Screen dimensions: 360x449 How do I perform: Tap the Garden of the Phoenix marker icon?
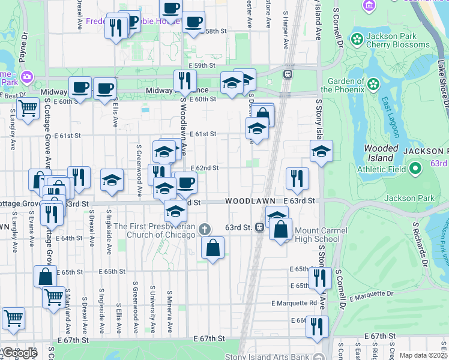(373, 83)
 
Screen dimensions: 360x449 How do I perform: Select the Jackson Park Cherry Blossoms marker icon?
(357, 40)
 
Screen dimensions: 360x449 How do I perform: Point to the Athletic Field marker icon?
(414, 169)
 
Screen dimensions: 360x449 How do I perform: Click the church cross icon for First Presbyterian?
(205, 229)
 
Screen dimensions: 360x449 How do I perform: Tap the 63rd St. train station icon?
(260, 227)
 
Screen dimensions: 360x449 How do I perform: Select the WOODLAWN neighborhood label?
(250, 200)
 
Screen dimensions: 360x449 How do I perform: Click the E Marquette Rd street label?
(294, 303)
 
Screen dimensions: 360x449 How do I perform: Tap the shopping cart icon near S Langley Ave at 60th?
(28, 109)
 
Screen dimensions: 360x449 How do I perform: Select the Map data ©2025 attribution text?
(423, 355)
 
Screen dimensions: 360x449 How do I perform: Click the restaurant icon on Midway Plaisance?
(185, 80)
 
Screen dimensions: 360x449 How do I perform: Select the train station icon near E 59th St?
(288, 74)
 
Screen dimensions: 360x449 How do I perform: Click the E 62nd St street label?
(204, 169)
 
